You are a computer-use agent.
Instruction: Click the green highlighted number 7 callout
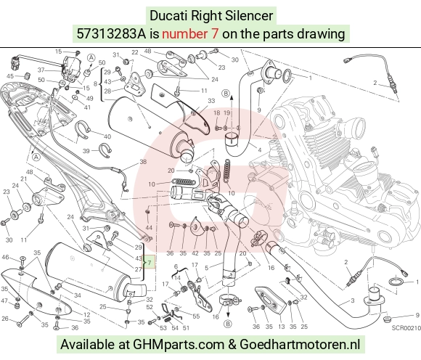point(150,262)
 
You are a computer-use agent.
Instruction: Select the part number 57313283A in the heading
point(112,34)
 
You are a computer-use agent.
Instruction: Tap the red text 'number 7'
point(190,34)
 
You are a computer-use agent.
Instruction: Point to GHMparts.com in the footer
point(179,345)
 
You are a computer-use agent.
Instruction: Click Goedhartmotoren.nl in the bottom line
point(299,345)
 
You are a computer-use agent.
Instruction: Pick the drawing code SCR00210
point(406,328)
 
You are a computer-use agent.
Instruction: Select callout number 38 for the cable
point(143,162)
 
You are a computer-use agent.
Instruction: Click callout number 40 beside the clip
point(107,136)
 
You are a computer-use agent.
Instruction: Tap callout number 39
point(86,151)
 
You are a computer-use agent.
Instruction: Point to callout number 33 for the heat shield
point(211,101)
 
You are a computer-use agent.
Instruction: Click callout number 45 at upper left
point(10,76)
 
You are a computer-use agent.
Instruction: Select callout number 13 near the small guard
point(281,327)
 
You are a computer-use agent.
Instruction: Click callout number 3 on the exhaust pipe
point(352,300)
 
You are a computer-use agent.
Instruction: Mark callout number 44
point(149,228)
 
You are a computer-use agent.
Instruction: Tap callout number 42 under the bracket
point(195,253)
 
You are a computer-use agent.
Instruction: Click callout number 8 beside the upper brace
point(95,84)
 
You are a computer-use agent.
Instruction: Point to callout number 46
point(5,257)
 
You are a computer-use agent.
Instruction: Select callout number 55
point(196,316)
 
